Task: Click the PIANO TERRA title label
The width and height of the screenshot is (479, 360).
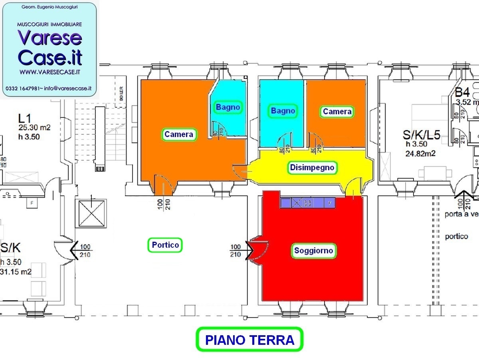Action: coord(249,340)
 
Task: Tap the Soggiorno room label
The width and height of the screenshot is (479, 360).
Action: coord(313,251)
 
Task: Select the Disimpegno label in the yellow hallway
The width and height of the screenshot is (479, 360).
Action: coord(312,167)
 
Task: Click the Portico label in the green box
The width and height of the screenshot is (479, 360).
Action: coord(165,245)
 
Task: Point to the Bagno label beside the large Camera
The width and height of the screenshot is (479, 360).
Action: coord(228,107)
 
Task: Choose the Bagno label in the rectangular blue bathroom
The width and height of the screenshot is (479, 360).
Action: coord(283,111)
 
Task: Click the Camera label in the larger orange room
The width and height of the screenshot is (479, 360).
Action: coord(179,135)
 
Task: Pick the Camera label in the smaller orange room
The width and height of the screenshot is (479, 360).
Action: coord(337,112)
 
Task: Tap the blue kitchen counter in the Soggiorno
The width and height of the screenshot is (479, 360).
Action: coord(308,203)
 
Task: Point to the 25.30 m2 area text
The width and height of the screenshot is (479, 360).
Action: coord(34,128)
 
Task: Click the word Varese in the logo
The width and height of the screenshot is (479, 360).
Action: coord(50,38)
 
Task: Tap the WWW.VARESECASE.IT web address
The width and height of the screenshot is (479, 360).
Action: coord(50,72)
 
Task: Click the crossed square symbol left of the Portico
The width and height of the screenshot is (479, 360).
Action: coord(92,213)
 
